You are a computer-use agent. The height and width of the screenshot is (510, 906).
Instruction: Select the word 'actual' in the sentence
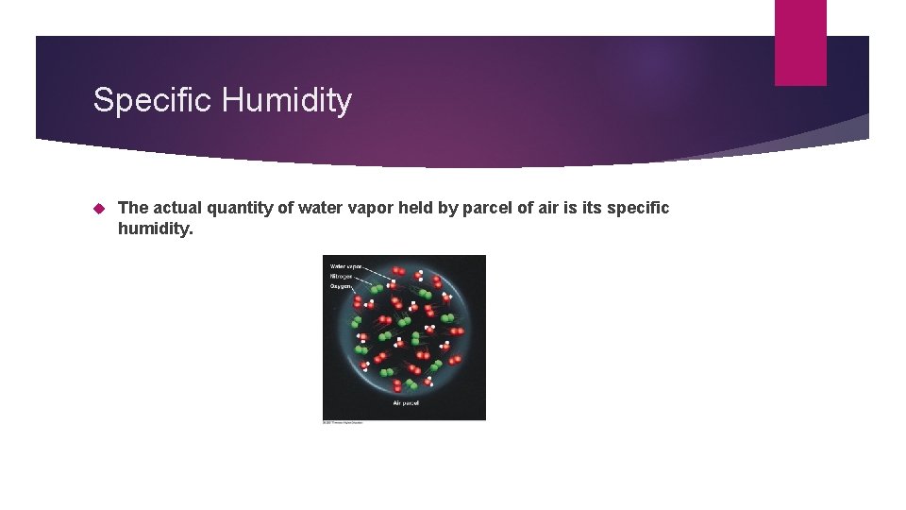[x=175, y=208]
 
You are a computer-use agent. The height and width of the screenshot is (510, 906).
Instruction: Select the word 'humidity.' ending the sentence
[x=155, y=229]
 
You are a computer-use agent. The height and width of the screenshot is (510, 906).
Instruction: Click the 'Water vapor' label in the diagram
[x=345, y=267]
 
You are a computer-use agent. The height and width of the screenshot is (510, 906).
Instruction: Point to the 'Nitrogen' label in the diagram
[x=341, y=277]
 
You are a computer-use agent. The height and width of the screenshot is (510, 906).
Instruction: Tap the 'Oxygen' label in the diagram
[x=340, y=286]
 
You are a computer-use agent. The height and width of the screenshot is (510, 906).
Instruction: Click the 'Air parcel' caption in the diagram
[x=406, y=403]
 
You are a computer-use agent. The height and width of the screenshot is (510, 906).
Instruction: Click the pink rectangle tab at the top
[x=800, y=42]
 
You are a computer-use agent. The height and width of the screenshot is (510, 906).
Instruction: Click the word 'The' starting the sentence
[x=132, y=208]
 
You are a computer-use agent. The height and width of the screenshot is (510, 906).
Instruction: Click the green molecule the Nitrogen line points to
[x=377, y=288]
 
